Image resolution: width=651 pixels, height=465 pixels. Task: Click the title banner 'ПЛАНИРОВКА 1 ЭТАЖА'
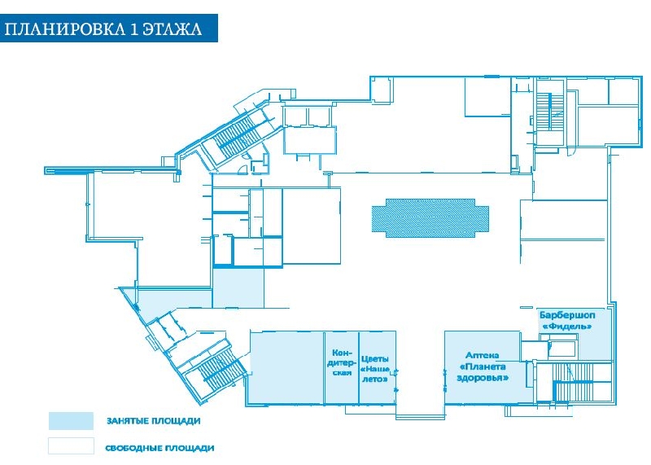[x=109, y=29]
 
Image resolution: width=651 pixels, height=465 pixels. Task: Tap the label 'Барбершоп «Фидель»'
[x=567, y=320]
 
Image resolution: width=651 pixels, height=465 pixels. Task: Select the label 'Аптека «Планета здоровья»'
[x=483, y=366]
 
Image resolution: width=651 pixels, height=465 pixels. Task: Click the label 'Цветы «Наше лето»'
[x=375, y=369]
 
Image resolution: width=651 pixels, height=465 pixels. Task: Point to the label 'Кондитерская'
[x=343, y=362]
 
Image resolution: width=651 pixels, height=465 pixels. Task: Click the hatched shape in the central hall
[x=430, y=217]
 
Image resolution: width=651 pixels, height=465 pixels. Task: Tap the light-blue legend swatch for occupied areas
[x=71, y=420]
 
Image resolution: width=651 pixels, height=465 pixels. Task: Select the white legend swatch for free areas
[x=71, y=445]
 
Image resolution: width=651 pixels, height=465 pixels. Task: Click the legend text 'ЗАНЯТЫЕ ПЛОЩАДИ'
[x=154, y=421]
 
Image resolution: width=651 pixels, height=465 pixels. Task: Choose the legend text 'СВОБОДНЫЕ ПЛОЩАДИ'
[x=159, y=449]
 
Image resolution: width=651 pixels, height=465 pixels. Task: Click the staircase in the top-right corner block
[x=548, y=111]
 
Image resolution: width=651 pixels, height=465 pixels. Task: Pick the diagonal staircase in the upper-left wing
[x=237, y=132]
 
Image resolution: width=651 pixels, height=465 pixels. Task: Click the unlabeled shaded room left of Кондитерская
[x=286, y=367]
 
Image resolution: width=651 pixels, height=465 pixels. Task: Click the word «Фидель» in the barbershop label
[x=567, y=327]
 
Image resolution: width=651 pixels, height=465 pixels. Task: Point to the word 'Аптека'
[x=482, y=355]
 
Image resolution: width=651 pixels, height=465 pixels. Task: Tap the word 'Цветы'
[x=374, y=359]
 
